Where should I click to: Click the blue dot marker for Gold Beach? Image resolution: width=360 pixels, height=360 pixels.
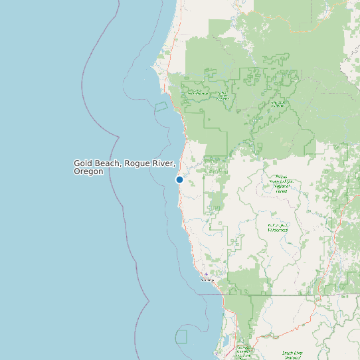(x=179, y=179)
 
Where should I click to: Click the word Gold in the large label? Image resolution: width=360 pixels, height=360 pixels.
(x=82, y=163)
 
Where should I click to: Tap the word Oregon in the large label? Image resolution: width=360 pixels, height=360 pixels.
(x=88, y=171)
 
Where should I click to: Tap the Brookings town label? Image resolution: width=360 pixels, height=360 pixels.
(x=208, y=280)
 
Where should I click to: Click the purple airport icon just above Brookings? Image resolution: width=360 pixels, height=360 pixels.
(x=206, y=274)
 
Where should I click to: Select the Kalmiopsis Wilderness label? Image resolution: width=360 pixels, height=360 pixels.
(x=278, y=228)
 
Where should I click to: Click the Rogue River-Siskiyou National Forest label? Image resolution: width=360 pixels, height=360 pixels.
(x=278, y=183)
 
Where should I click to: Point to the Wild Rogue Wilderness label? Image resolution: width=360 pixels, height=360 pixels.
(x=278, y=104)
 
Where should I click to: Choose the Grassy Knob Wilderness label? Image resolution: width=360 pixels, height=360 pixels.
(x=198, y=93)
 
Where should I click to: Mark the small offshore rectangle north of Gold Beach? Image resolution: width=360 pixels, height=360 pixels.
(x=161, y=106)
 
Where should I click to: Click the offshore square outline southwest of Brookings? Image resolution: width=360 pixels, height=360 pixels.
(x=181, y=336)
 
